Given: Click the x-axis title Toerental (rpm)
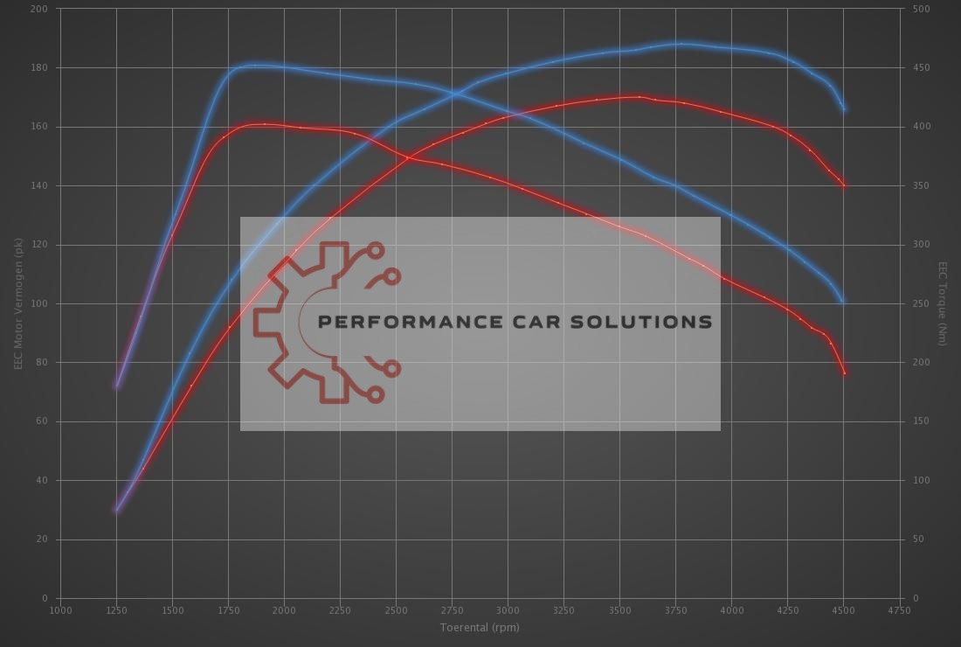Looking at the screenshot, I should pos(480,627).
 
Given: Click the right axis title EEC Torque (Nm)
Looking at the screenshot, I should pos(943,303).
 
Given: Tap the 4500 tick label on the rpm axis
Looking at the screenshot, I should pos(843,610).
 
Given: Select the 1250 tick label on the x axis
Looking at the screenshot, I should pos(116,610).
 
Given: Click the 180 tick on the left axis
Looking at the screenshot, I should pos(40,67).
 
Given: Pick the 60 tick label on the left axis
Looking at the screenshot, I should pos(43,421).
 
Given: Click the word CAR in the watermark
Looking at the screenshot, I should pos(542,322).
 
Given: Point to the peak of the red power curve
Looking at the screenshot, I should pos(637,96).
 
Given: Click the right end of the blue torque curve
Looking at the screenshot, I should pos(843,303).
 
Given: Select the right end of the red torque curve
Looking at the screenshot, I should pos(845,373).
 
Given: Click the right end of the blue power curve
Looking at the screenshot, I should pos(844,109).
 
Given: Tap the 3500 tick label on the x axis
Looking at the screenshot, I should pos(619,610).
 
